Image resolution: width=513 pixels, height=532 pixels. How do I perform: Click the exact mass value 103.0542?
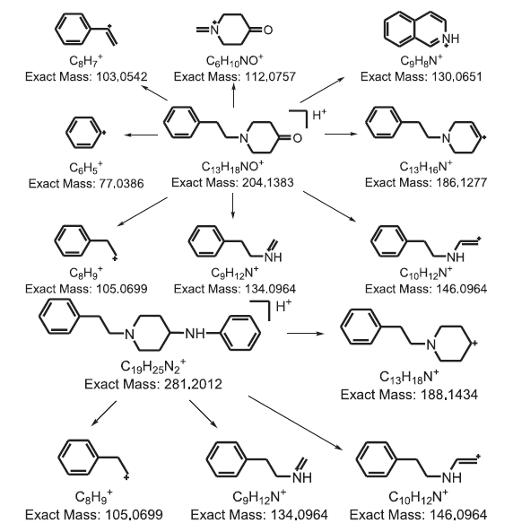click(x=122, y=76)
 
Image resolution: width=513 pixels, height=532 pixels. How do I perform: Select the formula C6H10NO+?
click(x=234, y=61)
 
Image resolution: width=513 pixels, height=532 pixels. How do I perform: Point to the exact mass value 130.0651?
click(x=456, y=76)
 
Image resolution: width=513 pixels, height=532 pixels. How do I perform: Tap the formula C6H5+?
click(x=86, y=167)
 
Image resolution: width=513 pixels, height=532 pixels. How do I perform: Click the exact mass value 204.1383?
click(x=267, y=182)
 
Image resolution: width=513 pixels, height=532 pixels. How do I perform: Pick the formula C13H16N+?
click(x=426, y=167)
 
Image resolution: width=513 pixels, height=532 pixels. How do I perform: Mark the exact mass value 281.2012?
click(x=193, y=384)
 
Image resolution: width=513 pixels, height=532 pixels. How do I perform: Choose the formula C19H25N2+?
click(x=153, y=366)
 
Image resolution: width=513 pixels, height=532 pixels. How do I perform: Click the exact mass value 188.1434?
click(x=448, y=395)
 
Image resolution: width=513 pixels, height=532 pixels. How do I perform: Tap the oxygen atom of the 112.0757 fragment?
click(x=268, y=30)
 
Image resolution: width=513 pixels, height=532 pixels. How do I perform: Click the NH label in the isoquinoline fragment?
click(x=450, y=39)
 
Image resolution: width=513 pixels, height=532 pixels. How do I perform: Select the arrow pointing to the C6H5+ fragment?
click(x=141, y=135)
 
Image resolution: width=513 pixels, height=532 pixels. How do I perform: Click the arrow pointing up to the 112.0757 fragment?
click(x=233, y=95)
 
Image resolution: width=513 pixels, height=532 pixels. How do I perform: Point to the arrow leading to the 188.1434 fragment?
click(x=305, y=333)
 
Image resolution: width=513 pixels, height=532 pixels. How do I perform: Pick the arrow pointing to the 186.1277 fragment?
click(x=341, y=134)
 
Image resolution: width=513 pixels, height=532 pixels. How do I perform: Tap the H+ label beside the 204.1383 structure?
click(x=319, y=116)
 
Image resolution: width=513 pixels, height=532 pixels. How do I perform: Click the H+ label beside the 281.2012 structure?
click(x=283, y=306)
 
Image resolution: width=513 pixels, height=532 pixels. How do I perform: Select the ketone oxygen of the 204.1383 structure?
click(x=297, y=138)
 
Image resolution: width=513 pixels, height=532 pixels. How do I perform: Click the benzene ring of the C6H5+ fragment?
click(x=83, y=133)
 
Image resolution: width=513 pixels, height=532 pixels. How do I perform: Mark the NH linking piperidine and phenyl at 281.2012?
click(x=195, y=333)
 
